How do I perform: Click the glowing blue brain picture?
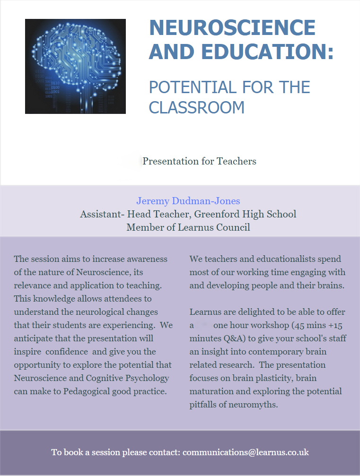[x=75, y=66]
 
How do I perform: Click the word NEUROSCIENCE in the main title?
[x=232, y=28]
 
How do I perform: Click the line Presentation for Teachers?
[x=199, y=161]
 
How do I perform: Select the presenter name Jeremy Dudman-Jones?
[x=188, y=201]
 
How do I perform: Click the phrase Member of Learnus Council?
[x=188, y=227]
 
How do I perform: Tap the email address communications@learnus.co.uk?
[x=246, y=452]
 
